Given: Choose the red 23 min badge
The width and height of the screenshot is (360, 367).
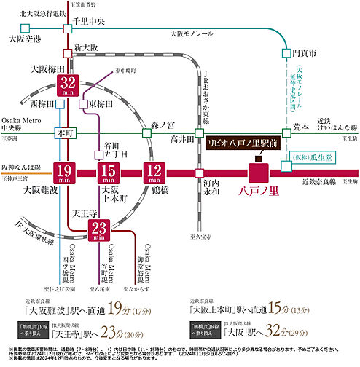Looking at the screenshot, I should coord(98,230).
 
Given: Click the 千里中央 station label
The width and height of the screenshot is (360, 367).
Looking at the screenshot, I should coord(90,23).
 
